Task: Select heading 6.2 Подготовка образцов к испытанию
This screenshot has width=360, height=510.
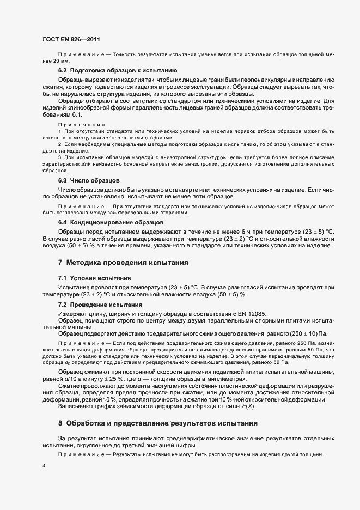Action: (117, 71)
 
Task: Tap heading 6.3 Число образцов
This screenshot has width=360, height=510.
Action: (89, 180)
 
